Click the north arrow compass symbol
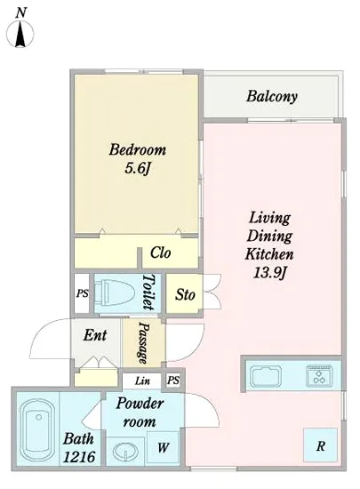tap(20, 32)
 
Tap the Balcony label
tap(272, 96)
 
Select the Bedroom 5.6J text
tap(137, 159)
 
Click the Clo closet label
tap(161, 253)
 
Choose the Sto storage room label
tap(185, 294)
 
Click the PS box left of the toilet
tap(83, 293)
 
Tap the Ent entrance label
tap(95, 335)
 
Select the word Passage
tap(144, 343)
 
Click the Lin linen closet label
tap(142, 381)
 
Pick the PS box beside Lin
tap(173, 381)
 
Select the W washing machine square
tap(163, 447)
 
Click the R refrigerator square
tap(320, 445)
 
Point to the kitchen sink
tap(267, 376)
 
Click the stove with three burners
tap(319, 376)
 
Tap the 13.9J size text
tap(269, 273)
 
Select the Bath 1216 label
tap(79, 448)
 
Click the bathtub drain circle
tap(38, 417)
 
